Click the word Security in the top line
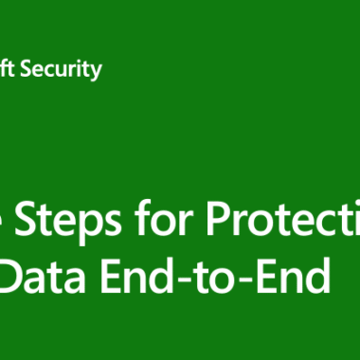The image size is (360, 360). point(66,69)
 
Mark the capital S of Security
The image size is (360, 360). point(37,69)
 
